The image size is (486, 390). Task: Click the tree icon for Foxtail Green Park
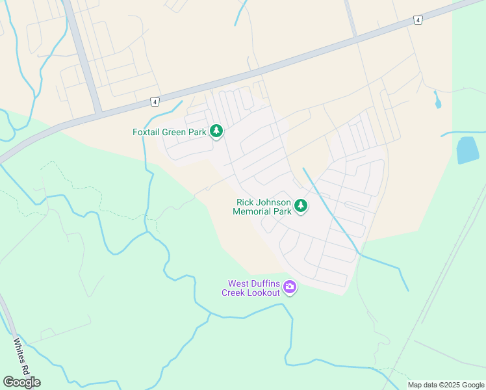pyautogui.click(x=216, y=132)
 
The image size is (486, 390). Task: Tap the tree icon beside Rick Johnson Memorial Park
pyautogui.click(x=300, y=206)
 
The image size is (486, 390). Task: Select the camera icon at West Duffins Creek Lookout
pyautogui.click(x=290, y=287)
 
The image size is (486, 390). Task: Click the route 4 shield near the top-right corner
pyautogui.click(x=418, y=21)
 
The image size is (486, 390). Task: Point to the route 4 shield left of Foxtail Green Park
pyautogui.click(x=155, y=101)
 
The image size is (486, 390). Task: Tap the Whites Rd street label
pyautogui.click(x=22, y=357)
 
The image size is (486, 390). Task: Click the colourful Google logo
pyautogui.click(x=21, y=382)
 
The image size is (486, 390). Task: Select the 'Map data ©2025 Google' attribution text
pyautogui.click(x=445, y=385)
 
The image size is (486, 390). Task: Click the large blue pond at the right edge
pyautogui.click(x=468, y=150)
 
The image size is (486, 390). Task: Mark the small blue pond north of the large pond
pyautogui.click(x=437, y=101)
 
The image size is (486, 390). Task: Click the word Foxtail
pyautogui.click(x=146, y=132)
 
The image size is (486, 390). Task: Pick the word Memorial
pyautogui.click(x=253, y=211)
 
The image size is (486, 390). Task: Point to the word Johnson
pyautogui.click(x=272, y=202)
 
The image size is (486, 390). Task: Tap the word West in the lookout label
pyautogui.click(x=238, y=283)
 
